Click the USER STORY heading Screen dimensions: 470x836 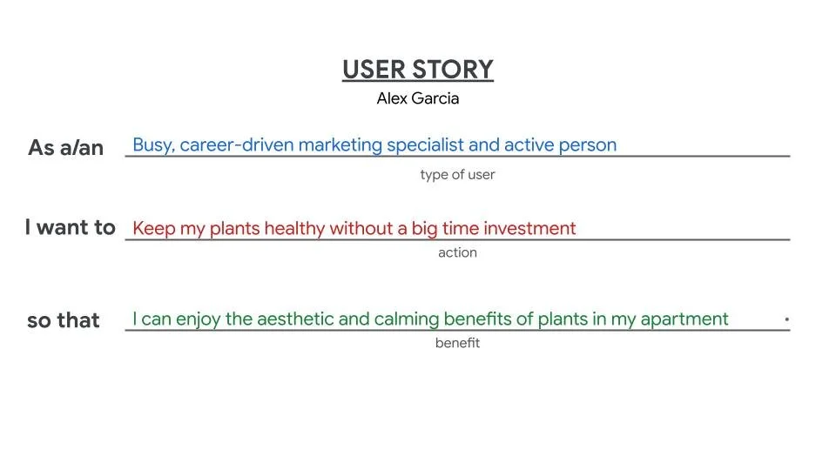(x=418, y=70)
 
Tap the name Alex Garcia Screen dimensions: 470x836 (x=418, y=98)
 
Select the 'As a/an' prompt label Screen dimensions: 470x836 (x=65, y=148)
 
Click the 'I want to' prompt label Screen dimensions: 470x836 (x=70, y=228)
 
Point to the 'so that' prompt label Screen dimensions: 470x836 (x=64, y=320)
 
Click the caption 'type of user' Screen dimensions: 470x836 (x=457, y=174)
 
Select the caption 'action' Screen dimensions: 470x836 (x=457, y=252)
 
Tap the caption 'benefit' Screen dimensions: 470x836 (x=457, y=343)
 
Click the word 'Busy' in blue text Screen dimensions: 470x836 (x=152, y=145)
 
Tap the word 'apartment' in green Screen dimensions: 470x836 (x=684, y=319)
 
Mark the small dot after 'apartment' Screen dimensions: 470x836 (x=786, y=319)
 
